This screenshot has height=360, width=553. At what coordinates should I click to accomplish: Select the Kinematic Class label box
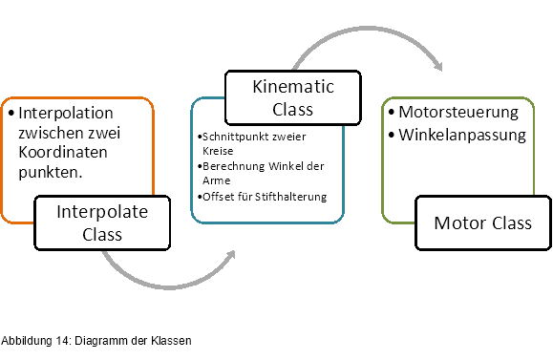coord(293,97)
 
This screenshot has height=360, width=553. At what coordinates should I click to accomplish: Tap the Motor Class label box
coord(481,222)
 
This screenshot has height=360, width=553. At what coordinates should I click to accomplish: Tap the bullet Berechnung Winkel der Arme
coord(265,173)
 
